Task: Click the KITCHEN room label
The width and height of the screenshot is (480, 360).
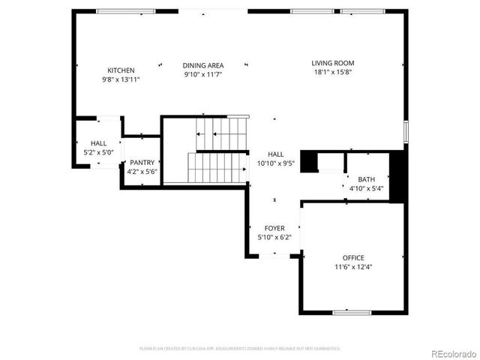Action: pos(121,70)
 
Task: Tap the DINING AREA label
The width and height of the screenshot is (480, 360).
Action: pos(203,65)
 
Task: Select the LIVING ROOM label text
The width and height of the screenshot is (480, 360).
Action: pos(334,63)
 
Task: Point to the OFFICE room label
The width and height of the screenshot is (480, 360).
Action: pos(353,258)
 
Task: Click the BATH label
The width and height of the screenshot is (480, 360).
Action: pos(366,179)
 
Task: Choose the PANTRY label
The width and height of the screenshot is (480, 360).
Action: pos(142,163)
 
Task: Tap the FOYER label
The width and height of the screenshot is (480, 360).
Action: pos(274,228)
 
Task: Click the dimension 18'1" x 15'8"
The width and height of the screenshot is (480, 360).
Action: pos(334,72)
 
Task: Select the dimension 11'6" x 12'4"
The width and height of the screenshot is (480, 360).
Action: pos(353,267)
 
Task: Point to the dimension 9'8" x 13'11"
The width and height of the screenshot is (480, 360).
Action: pos(121,79)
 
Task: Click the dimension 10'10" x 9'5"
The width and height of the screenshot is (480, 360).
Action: pos(276,162)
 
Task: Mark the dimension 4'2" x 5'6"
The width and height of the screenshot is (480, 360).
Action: pos(142,172)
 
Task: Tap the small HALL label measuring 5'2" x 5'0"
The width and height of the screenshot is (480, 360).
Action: pos(99,143)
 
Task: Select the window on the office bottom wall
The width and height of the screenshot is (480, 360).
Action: pos(352,311)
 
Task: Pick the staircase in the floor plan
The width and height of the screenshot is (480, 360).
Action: pos(217,150)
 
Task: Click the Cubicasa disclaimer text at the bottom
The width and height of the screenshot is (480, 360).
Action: pos(240,349)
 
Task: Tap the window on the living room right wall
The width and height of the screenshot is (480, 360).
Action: pos(406,130)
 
